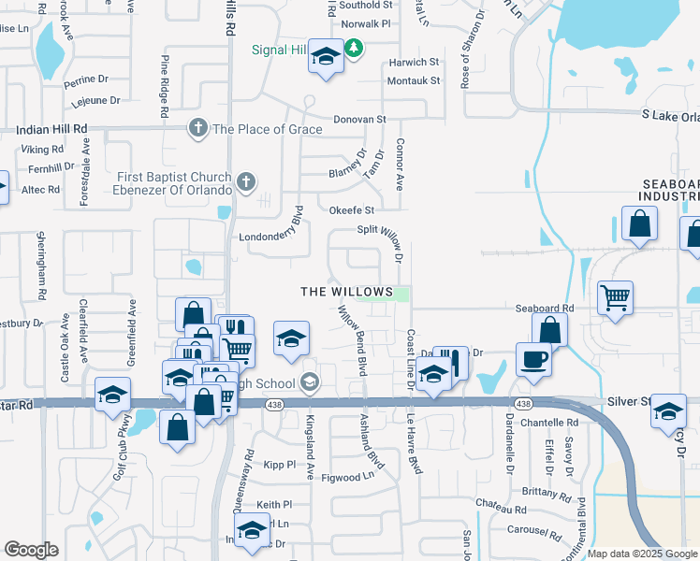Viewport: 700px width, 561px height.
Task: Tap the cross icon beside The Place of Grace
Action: tap(197, 128)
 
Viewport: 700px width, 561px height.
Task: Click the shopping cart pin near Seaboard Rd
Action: tap(615, 299)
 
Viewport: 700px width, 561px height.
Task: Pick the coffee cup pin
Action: tap(533, 360)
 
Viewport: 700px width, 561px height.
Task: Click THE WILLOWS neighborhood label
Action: tap(346, 293)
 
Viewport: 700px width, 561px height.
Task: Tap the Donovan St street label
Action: tap(360, 120)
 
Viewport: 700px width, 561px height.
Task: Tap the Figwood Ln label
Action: tap(347, 478)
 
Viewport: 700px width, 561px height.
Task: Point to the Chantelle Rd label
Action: tap(549, 424)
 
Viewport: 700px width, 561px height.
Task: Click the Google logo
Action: tap(31, 550)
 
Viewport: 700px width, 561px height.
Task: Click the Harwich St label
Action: tap(413, 63)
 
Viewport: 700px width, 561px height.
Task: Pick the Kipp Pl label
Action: tap(279, 465)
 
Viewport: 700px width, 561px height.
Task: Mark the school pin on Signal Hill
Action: tap(326, 58)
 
